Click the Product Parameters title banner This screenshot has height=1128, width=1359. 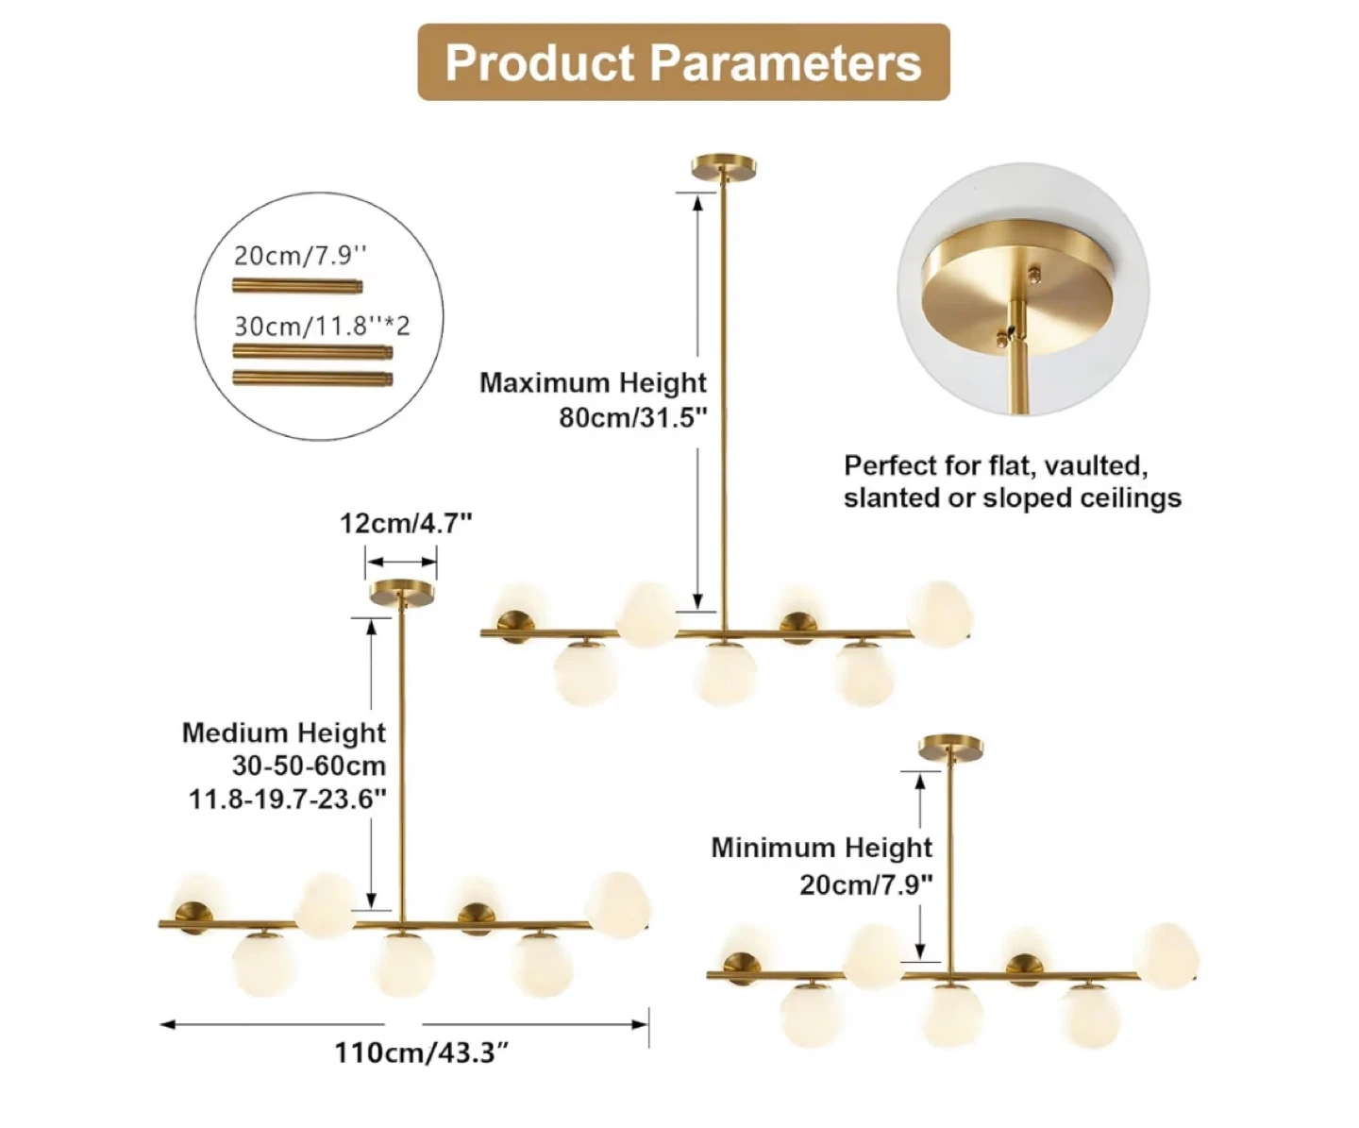click(683, 62)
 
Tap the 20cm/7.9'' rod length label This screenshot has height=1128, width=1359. click(300, 255)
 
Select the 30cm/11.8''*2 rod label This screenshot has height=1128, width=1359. click(322, 326)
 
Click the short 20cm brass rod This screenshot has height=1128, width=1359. click(298, 284)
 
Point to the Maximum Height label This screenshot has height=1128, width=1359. click(593, 382)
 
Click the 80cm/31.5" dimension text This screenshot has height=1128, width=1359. click(632, 417)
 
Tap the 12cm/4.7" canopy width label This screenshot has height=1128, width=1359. click(406, 523)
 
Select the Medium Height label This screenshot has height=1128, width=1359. click(284, 732)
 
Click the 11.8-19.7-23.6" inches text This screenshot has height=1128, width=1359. click(288, 800)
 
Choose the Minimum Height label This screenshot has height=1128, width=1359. click(821, 848)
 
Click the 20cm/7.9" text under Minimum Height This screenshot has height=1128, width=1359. click(866, 884)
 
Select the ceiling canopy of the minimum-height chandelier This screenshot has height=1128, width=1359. click(952, 747)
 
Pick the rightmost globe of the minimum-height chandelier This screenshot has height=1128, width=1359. click(1167, 955)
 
